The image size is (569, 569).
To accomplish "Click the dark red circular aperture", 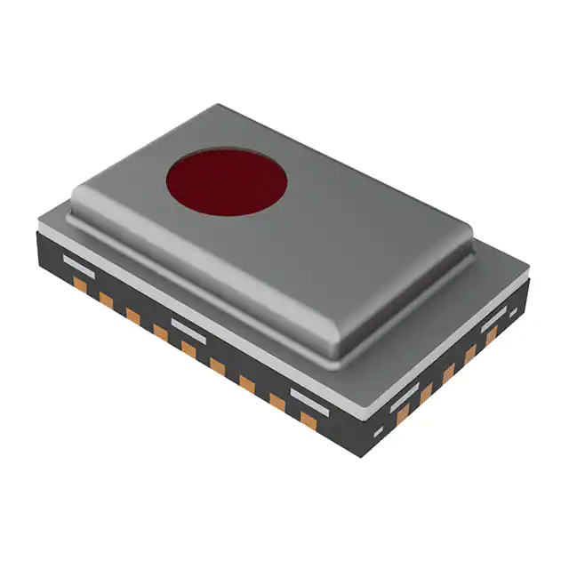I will pyautogui.click(x=227, y=181).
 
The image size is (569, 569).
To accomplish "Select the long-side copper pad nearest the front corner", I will pyautogui.click(x=308, y=419).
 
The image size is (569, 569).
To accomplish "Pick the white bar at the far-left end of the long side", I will pyautogui.click(x=79, y=264).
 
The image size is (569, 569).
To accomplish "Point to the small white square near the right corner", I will pyautogui.click(x=513, y=312).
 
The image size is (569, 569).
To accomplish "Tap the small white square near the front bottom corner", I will pyautogui.click(x=378, y=432).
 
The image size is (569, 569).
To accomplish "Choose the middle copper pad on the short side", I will pyautogui.click(x=448, y=373).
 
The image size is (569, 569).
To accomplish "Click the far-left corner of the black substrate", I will pyautogui.click(x=37, y=233).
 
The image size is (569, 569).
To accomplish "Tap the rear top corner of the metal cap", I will pyautogui.click(x=219, y=107).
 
